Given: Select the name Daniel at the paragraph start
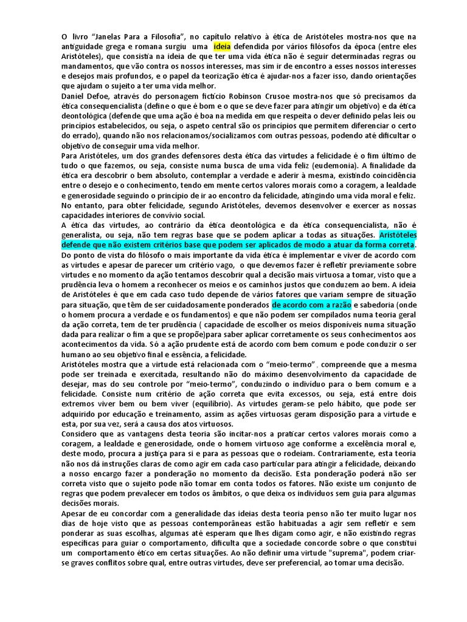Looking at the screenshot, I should (x=74, y=95).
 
